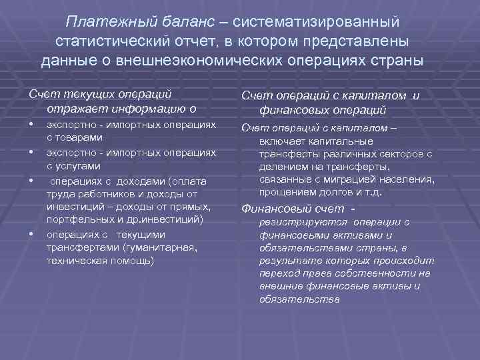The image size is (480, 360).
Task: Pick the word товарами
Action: pos(83,137)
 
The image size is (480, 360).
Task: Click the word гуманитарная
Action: pos(163,247)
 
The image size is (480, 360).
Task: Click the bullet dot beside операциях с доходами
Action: pos(31,181)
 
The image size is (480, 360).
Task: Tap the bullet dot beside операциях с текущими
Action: pos(31,234)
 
